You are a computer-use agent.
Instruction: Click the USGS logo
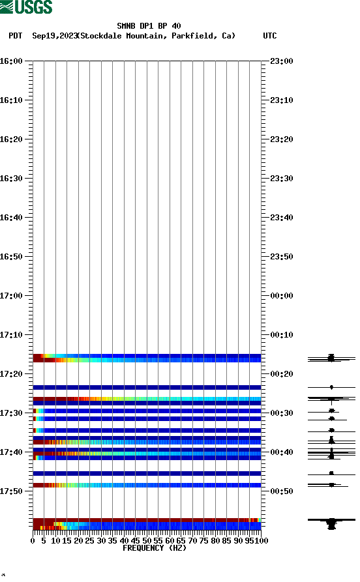point(26,7)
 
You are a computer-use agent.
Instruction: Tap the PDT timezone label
point(16,36)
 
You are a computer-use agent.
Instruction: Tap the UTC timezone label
point(269,36)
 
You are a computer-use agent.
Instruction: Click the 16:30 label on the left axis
point(12,179)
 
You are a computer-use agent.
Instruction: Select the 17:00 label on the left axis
point(12,296)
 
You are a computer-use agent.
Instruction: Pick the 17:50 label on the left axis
point(12,491)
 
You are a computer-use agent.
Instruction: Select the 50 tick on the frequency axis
point(147,540)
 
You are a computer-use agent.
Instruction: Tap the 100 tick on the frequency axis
point(261,540)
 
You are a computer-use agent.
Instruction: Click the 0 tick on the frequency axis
point(33,540)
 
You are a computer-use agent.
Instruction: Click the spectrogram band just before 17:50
point(147,485)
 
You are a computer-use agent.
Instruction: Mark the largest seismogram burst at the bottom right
point(331,521)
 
